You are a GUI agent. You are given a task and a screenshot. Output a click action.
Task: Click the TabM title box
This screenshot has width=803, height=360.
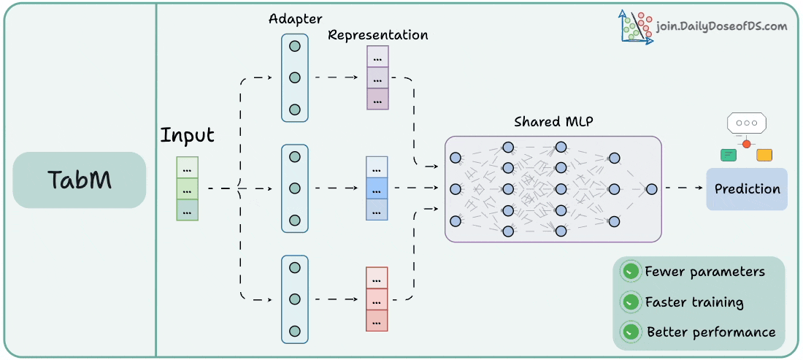point(80,180)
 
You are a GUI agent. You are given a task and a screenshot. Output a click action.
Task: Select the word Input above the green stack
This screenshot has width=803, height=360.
point(188,136)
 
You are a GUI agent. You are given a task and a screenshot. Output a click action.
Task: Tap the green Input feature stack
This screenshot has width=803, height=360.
point(187,188)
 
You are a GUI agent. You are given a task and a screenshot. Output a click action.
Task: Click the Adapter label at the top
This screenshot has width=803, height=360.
point(296,18)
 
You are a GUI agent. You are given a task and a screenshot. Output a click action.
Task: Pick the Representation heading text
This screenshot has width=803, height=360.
point(378,35)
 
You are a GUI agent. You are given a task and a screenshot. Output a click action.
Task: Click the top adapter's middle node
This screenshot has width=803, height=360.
point(295,77)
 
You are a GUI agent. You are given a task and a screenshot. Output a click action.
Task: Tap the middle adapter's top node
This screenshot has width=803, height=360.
point(295,156)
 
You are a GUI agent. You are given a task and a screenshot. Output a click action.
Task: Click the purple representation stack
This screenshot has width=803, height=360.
point(377,78)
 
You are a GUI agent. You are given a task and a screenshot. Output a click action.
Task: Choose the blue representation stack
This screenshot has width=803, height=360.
point(377,188)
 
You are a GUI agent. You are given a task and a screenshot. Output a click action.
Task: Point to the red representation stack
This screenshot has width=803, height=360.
point(377,299)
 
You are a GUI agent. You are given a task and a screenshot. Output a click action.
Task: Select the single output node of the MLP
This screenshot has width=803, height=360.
point(651,188)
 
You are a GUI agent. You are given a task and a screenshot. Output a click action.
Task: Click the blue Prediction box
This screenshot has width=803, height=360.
point(747,189)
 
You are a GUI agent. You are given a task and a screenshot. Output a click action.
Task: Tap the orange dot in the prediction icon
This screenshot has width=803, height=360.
point(746,144)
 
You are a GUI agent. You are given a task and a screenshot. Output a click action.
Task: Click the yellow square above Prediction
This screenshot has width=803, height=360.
point(764,155)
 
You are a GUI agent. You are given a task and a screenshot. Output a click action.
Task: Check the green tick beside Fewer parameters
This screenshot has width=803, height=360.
point(629,272)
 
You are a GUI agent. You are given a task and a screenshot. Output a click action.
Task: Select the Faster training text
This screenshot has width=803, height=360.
point(694,302)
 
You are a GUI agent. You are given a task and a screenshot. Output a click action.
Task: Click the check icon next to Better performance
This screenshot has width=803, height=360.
point(629,332)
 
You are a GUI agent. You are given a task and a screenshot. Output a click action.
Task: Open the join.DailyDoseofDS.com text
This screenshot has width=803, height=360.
point(721,26)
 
